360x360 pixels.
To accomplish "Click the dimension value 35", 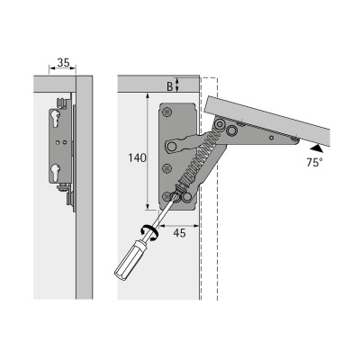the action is [63, 63].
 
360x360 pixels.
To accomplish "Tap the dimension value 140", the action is [137, 157].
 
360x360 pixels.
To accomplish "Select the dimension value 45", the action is [180, 233].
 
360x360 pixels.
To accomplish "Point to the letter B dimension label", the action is [170, 86].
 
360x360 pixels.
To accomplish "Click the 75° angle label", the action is [315, 162].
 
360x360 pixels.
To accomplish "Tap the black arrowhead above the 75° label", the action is [317, 148].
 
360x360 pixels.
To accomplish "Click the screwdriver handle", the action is [128, 258].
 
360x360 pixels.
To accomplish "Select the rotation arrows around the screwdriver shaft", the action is [149, 232].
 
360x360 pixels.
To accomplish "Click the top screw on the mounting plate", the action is [166, 112].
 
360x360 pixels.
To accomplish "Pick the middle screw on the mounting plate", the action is [166, 168].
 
